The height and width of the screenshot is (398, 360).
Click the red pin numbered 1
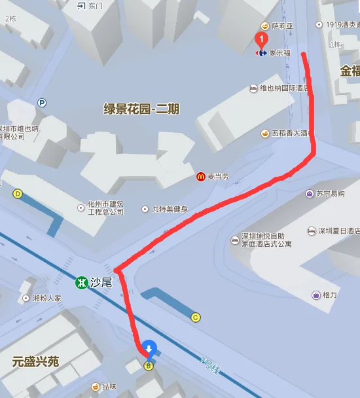[262, 39]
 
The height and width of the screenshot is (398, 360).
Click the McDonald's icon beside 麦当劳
[201, 176]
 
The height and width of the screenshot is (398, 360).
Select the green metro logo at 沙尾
[81, 283]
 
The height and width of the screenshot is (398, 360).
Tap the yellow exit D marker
[18, 194]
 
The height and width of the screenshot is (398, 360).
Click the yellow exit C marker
[195, 317]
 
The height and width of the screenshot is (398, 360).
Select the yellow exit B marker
[148, 365]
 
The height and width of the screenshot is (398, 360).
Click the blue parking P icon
[42, 103]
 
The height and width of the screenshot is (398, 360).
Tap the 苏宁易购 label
[330, 194]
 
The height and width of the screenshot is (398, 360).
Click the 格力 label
[329, 295]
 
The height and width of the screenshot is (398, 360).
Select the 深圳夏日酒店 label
[339, 231]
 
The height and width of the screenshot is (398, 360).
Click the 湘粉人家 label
[46, 298]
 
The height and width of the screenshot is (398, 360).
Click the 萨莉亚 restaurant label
[284, 26]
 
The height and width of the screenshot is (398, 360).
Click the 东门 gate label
[95, 6]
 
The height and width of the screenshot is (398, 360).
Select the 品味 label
[108, 387]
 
